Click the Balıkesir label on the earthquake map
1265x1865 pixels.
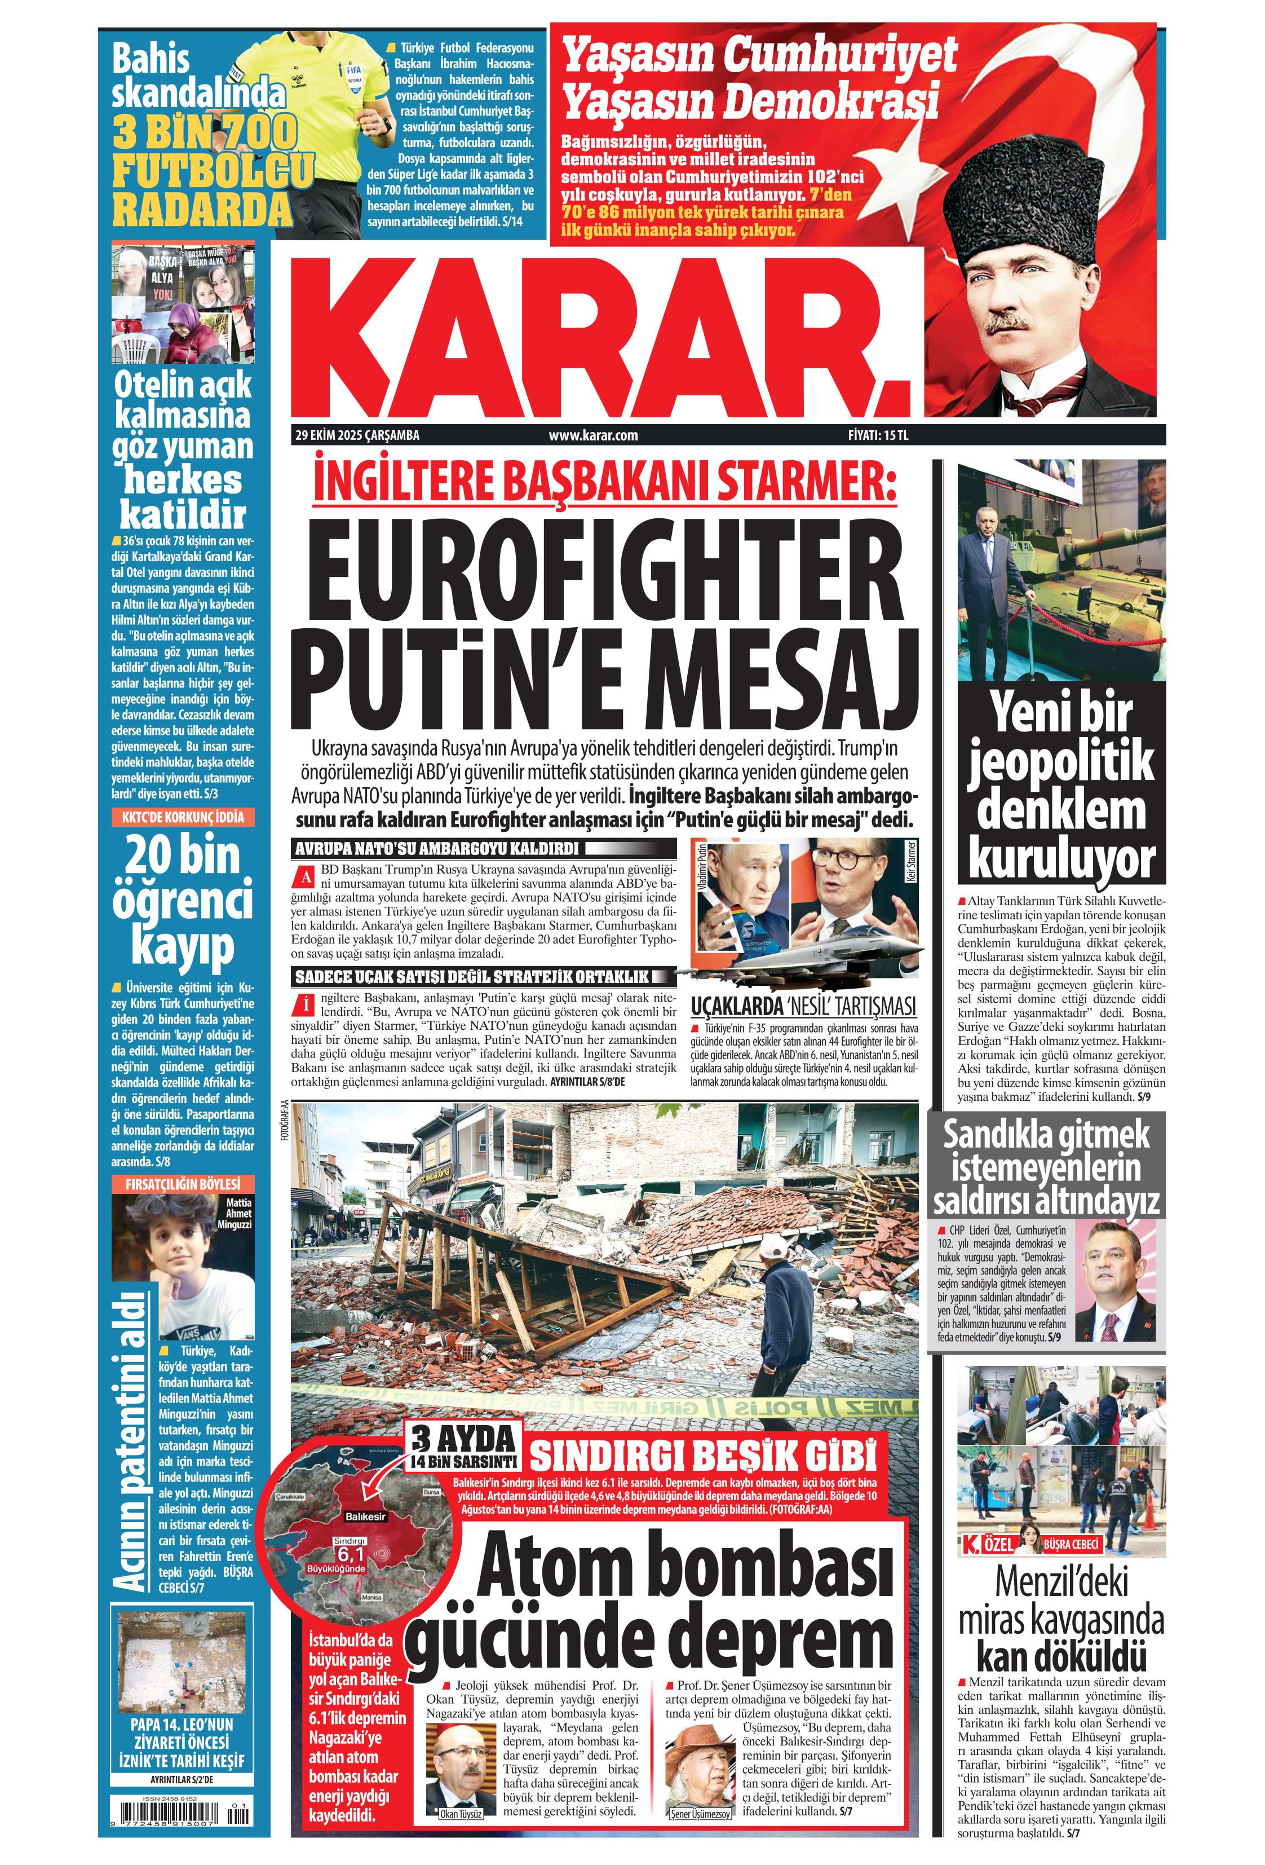(x=365, y=1516)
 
